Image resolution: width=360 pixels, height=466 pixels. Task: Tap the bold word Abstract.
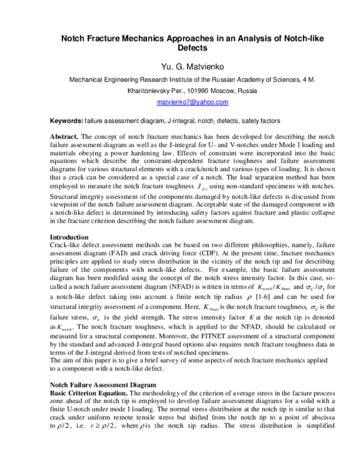(64, 137)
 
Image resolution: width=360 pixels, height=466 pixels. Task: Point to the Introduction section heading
(69, 237)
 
